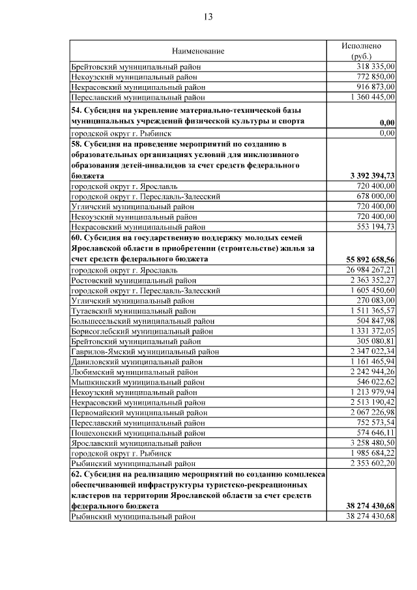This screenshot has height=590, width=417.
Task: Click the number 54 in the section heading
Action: pos(76,111)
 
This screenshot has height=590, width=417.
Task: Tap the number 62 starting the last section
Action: pos(76,475)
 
